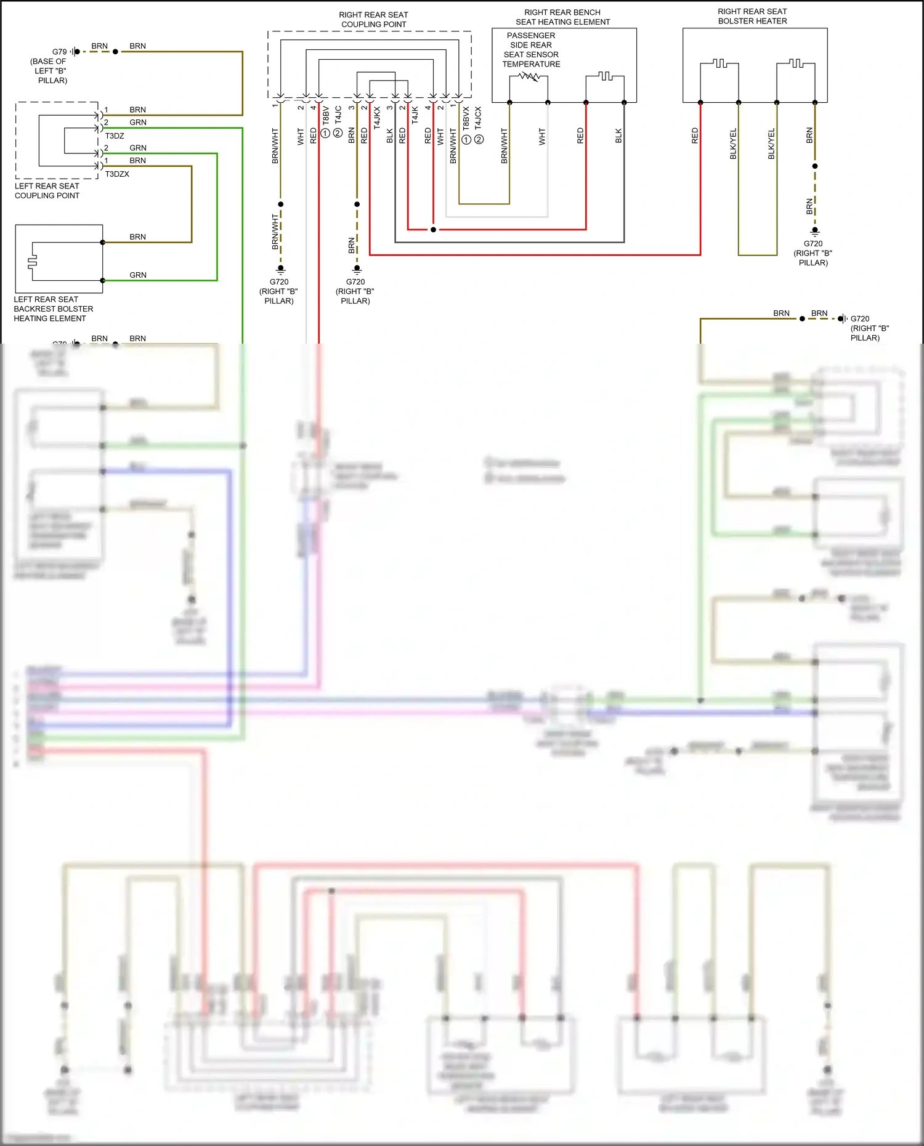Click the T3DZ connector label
[115, 136]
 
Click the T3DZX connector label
[117, 174]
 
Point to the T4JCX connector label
[479, 118]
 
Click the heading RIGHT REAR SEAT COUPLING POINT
[373, 20]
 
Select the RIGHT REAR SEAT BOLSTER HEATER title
[752, 16]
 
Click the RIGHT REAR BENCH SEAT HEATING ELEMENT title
[562, 17]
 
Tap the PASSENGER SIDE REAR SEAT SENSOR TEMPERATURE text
[531, 50]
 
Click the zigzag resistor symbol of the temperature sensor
[529, 77]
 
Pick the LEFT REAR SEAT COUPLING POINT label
[47, 191]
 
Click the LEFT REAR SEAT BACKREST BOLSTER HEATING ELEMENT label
[53, 309]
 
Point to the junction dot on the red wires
[433, 230]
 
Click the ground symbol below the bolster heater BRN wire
[815, 232]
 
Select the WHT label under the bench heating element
[542, 137]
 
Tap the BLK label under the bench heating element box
[618, 136]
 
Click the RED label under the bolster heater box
[695, 136]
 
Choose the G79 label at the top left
[59, 52]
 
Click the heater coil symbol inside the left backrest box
[33, 262]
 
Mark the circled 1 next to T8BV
[325, 133]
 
